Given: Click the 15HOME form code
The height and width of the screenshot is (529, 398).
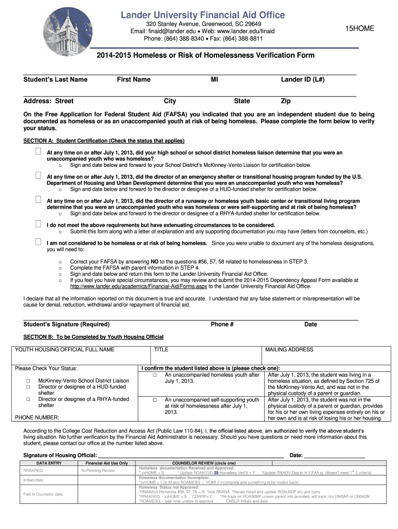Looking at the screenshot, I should [x=360, y=29].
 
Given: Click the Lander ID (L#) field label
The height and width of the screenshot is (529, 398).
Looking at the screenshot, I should [x=302, y=80].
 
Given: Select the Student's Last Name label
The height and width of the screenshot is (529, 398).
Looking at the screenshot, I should [x=55, y=80].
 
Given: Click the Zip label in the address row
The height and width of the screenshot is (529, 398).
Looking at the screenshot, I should [x=285, y=101].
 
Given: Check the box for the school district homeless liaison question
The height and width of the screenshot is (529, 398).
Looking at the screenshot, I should [x=38, y=152].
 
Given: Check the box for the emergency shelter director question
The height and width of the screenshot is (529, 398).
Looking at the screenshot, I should [x=38, y=176].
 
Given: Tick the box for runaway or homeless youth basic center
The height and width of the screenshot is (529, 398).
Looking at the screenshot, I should [x=38, y=200].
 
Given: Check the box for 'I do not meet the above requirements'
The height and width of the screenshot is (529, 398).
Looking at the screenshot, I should [x=38, y=224].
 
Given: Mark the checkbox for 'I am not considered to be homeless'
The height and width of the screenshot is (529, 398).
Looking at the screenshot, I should [x=38, y=242].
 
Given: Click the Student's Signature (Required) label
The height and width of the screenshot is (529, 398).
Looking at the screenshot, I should [x=67, y=324].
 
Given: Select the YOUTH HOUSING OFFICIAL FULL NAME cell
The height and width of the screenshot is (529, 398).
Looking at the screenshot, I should [x=65, y=350].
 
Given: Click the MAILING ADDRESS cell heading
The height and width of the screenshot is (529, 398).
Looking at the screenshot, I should [x=289, y=350].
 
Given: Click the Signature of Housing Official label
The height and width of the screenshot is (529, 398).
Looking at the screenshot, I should [x=60, y=455].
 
